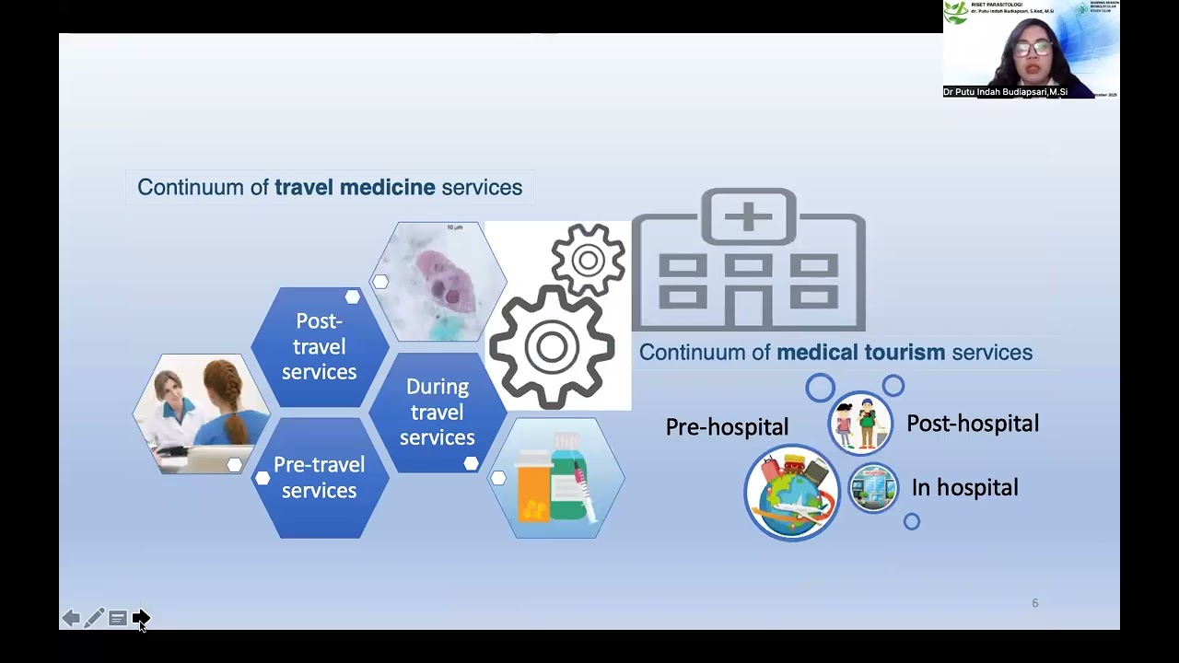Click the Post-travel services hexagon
pos(319,346)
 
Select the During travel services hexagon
pos(437,412)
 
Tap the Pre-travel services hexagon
pos(319,477)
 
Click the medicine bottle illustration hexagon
pos(556,479)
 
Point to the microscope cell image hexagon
pos(438,281)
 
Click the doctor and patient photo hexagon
pos(202,413)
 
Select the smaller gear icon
pos(588,260)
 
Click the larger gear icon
pos(552,347)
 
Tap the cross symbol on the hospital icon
pos(749,216)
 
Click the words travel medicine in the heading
pos(355,188)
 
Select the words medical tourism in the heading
pos(860,353)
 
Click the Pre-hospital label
pos(727,427)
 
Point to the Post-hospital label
pos(973,424)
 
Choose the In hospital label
pos(964,488)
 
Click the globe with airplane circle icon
pos(792,493)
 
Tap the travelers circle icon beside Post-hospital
pos(860,424)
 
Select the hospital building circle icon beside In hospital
pos(873,488)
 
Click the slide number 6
pos(1034,603)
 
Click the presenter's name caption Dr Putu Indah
pos(1005,92)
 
